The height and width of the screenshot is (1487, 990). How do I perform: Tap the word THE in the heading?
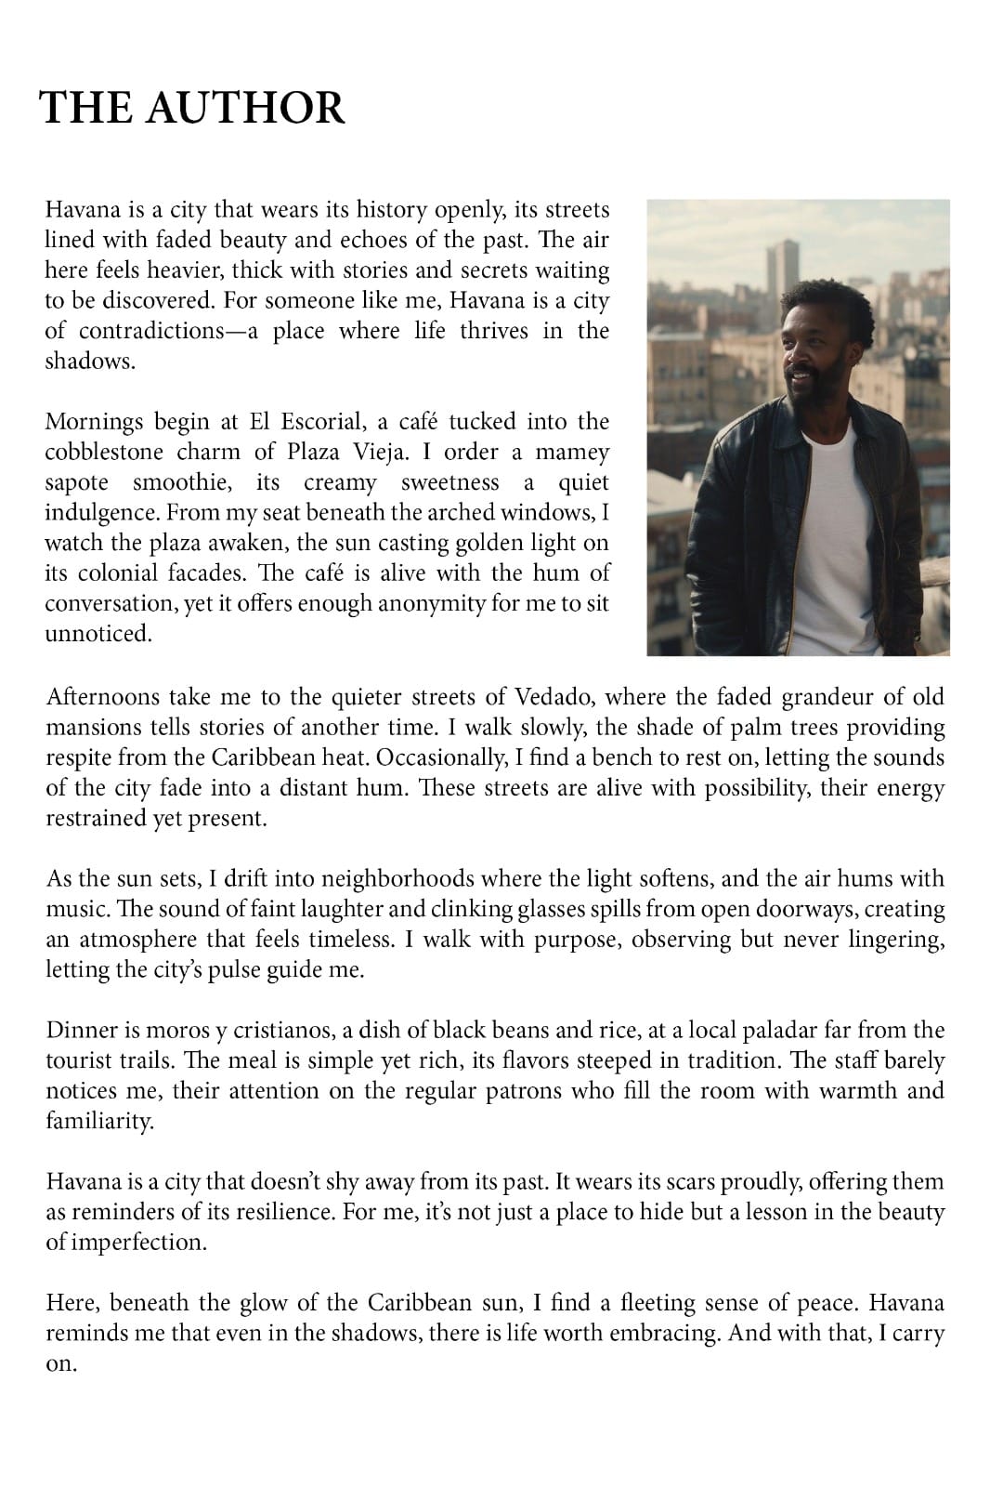point(86,108)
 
